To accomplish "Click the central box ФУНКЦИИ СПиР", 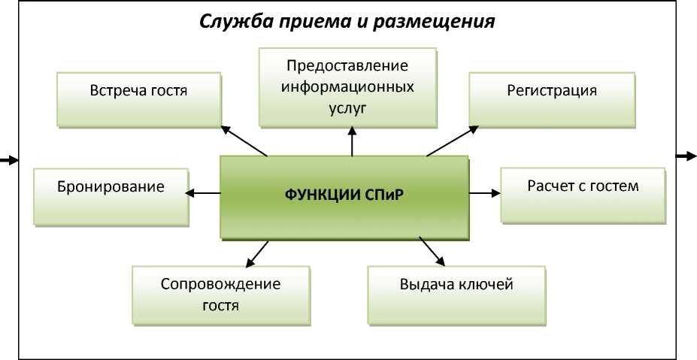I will click(344, 195).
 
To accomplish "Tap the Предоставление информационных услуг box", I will click(347, 87).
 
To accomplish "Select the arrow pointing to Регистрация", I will click(453, 141).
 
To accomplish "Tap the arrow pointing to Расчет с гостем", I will click(485, 193).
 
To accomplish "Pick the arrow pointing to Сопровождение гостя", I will click(257, 253).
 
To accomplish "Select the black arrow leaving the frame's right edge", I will click(686, 156).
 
